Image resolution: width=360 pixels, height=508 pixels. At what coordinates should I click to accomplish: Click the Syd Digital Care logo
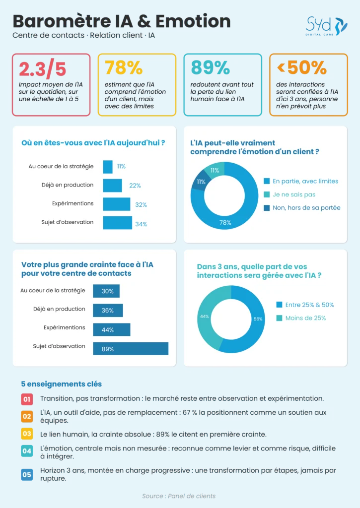(326, 26)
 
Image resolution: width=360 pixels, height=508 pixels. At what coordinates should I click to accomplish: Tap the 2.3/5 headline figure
(43, 68)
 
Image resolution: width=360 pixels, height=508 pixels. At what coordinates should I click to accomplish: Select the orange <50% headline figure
(301, 67)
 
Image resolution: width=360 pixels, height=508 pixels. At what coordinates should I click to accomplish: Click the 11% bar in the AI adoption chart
(108, 167)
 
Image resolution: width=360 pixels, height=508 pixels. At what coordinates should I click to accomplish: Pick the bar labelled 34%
(117, 223)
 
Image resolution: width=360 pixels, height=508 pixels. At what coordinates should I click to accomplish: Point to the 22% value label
(135, 186)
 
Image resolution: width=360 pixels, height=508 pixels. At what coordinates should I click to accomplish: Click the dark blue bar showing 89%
(131, 349)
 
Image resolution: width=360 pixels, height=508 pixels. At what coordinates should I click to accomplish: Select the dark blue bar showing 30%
(106, 291)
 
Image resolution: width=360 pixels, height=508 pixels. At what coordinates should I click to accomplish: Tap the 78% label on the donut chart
(225, 223)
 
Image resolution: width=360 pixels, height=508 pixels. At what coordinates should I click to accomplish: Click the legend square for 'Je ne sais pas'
(267, 194)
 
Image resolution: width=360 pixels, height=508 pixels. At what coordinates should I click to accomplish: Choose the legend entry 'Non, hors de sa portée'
(302, 208)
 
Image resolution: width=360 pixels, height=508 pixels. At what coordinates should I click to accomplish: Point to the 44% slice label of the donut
(204, 317)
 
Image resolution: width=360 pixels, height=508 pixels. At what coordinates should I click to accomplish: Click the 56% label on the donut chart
(258, 319)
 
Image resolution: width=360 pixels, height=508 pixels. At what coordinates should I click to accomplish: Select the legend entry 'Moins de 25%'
(301, 318)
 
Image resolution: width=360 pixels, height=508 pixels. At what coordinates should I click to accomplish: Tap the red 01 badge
(27, 399)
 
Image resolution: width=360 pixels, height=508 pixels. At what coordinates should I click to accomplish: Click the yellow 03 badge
(27, 434)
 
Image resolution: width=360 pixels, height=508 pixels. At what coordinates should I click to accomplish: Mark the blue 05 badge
(27, 475)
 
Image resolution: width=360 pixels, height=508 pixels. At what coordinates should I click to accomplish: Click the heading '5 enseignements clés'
(62, 384)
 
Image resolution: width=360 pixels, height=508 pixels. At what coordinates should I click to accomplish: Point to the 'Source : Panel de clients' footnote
(179, 496)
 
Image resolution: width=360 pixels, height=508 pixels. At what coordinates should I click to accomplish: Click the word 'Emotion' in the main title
(193, 21)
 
